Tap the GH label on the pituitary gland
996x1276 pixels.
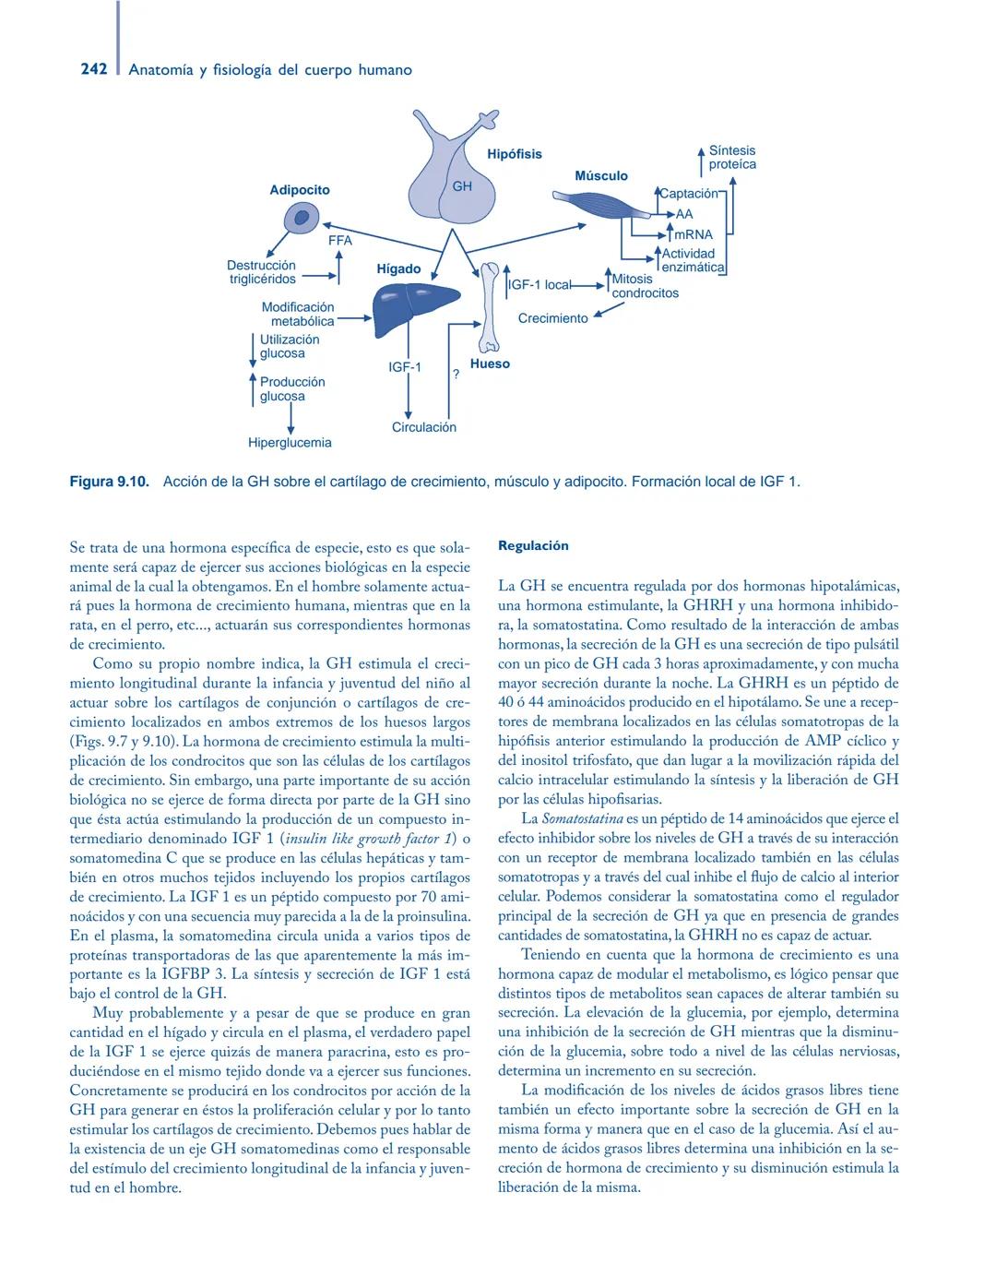point(462,185)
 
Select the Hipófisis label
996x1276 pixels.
point(515,154)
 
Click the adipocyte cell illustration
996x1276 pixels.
point(301,218)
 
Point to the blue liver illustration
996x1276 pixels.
point(414,304)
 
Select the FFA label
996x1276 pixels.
point(340,241)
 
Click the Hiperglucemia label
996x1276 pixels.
point(290,443)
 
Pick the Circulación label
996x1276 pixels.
point(423,427)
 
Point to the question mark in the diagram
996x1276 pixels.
point(456,375)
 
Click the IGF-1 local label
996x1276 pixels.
point(540,285)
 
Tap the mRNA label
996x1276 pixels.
point(694,234)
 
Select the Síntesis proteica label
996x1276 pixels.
point(732,157)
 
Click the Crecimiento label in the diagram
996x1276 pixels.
point(552,318)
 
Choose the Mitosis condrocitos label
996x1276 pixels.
point(645,286)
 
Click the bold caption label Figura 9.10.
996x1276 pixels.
point(109,482)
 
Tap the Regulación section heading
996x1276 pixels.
point(533,546)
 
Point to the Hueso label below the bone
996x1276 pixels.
point(490,364)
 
